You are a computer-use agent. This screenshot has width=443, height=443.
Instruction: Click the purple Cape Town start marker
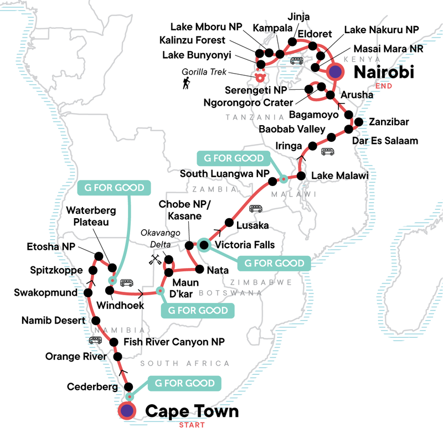[x=128, y=411]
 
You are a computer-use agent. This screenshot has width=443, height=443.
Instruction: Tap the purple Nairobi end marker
[x=335, y=71]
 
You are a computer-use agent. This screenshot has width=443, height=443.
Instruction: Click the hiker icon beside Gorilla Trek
[x=186, y=84]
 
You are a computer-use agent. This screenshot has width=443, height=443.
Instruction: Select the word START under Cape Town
[x=191, y=425]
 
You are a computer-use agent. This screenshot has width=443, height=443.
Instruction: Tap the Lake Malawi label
[x=341, y=176]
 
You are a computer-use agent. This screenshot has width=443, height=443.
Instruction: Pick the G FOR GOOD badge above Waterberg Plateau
[x=115, y=188]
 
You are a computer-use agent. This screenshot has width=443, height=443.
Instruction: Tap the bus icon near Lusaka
[x=256, y=209]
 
